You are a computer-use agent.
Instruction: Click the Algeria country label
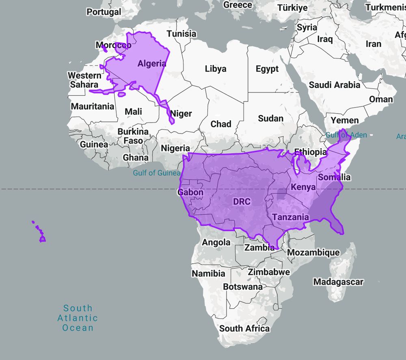pyautogui.click(x=152, y=63)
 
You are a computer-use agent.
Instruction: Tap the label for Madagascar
pyautogui.click(x=338, y=281)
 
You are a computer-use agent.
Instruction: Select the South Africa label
pyautogui.click(x=244, y=328)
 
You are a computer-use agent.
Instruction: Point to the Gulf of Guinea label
pyautogui.click(x=157, y=173)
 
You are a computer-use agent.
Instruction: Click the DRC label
pyautogui.click(x=242, y=201)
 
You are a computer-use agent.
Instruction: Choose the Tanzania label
pyautogui.click(x=291, y=217)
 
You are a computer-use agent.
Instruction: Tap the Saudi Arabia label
pyautogui.click(x=334, y=85)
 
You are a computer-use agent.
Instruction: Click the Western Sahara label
pyautogui.click(x=84, y=80)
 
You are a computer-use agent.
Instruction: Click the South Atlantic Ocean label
pyautogui.click(x=78, y=318)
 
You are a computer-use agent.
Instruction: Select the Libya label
pyautogui.click(x=215, y=69)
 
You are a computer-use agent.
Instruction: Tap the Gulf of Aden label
pyautogui.click(x=346, y=135)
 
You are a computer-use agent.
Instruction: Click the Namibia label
pyautogui.click(x=208, y=274)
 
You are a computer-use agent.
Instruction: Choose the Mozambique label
pyautogui.click(x=313, y=252)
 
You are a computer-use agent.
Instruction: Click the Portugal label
pyautogui.click(x=104, y=12)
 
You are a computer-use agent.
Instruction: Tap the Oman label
pyautogui.click(x=381, y=99)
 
